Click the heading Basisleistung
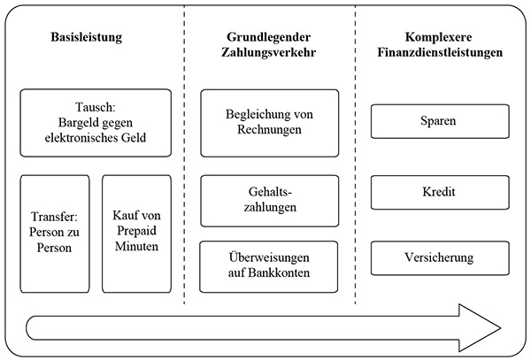click(87, 37)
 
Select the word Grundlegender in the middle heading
click(268, 37)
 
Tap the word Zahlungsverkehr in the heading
click(268, 52)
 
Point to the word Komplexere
click(439, 37)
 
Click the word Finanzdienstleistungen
click(440, 52)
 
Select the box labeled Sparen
click(440, 121)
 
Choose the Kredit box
click(440, 192)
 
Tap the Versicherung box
click(440, 257)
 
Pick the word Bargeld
click(76, 122)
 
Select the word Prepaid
click(136, 231)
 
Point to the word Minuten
click(136, 246)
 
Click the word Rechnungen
click(269, 130)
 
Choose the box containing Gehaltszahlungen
click(270, 201)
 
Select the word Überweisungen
click(269, 257)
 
